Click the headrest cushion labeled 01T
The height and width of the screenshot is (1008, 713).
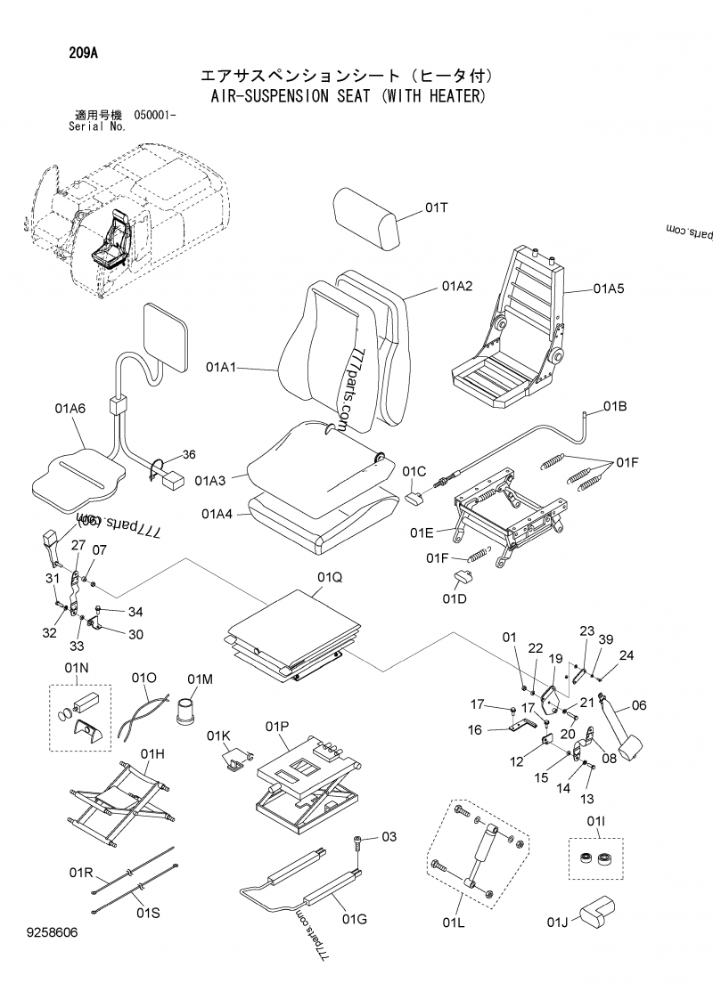tap(367, 219)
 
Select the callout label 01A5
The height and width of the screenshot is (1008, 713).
tap(609, 289)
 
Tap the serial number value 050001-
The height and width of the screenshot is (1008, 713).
tap(155, 116)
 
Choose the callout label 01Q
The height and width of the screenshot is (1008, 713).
tap(330, 577)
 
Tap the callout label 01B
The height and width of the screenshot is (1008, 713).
tap(615, 407)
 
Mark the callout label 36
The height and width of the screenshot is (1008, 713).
tap(188, 454)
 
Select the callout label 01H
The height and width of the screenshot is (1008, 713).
tap(152, 753)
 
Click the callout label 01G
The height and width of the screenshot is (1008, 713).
tap(355, 919)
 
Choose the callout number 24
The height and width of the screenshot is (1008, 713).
tap(627, 655)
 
